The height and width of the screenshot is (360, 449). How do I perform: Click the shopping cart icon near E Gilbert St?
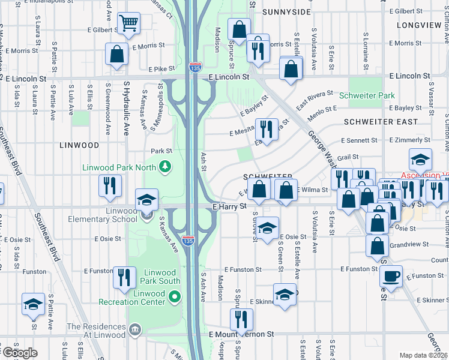(x=128, y=24)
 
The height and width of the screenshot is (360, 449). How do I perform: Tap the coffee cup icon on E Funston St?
(x=391, y=277)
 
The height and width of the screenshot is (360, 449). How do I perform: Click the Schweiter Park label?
(x=366, y=95)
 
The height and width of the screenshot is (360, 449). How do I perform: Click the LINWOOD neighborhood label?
(x=79, y=145)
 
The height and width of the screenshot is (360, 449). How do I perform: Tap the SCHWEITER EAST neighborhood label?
(x=381, y=122)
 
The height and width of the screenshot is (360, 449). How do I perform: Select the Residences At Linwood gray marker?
(x=134, y=329)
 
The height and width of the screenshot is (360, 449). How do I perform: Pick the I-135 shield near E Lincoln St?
(x=195, y=67)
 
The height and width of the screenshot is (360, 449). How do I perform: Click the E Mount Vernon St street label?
(x=241, y=334)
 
